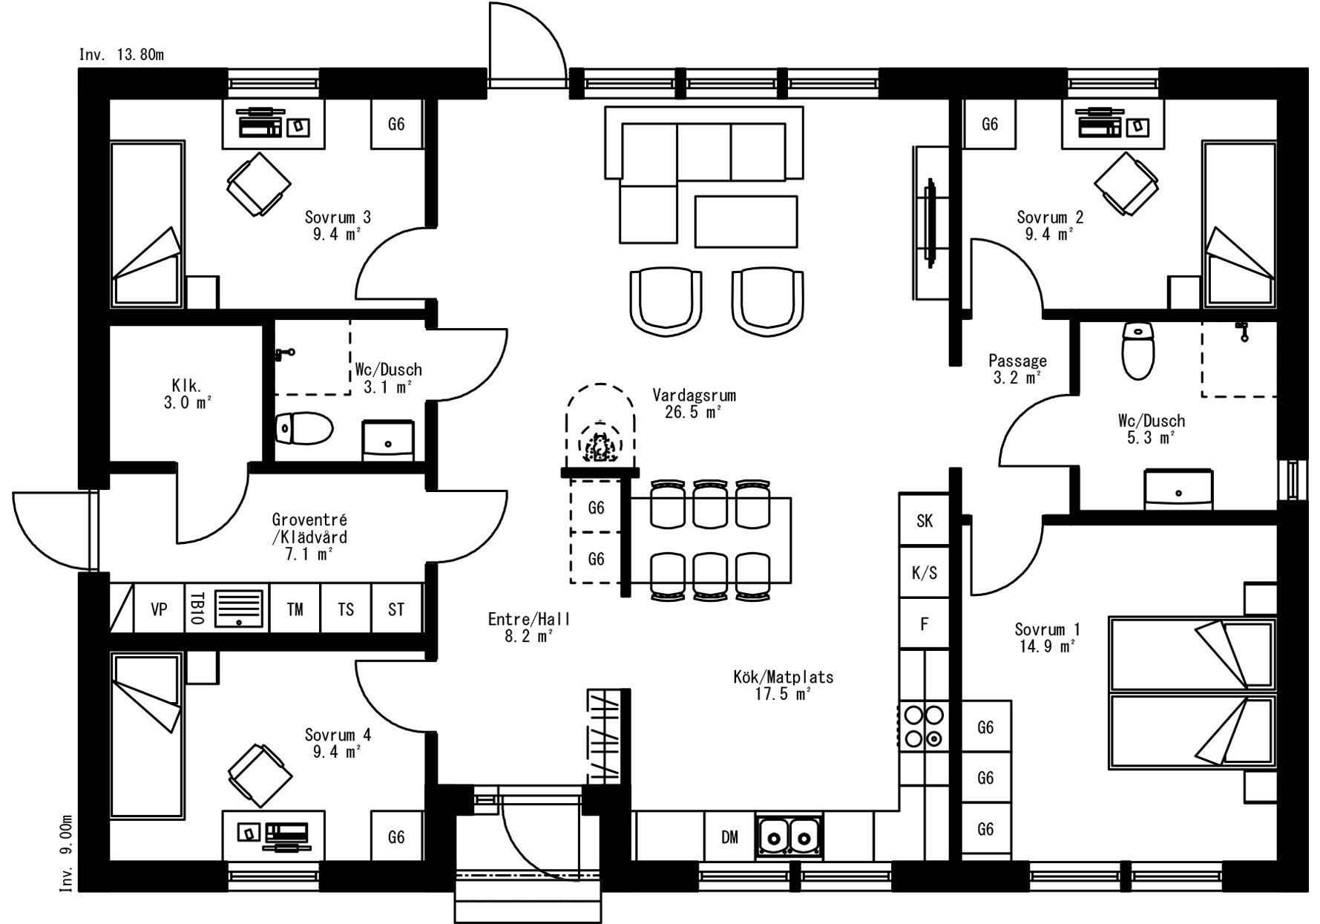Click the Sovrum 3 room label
338,217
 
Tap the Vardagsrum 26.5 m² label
694,403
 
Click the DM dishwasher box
729,836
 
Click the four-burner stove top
924,726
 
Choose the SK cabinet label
925,521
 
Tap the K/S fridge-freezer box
925,572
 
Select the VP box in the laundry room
159,609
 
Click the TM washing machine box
295,609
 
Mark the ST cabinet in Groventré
396,609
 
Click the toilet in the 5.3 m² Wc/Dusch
1137,350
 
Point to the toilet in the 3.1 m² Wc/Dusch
304,428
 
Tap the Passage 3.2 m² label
1017,369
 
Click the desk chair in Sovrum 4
259,772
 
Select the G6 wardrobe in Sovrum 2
990,124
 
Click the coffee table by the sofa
746,221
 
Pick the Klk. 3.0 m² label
187,394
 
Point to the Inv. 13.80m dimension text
122,55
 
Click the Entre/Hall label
529,619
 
